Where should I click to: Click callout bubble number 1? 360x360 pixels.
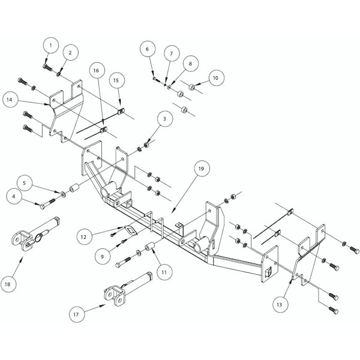[x=52, y=45]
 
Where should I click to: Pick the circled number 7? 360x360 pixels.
[x=170, y=53]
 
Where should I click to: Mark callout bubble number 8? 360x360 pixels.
[x=189, y=62]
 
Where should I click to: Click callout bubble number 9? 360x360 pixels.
[x=103, y=256]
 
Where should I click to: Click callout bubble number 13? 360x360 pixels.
[x=280, y=305]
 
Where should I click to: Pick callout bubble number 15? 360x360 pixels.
[x=118, y=80]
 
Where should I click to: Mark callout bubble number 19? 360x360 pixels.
[x=200, y=170]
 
